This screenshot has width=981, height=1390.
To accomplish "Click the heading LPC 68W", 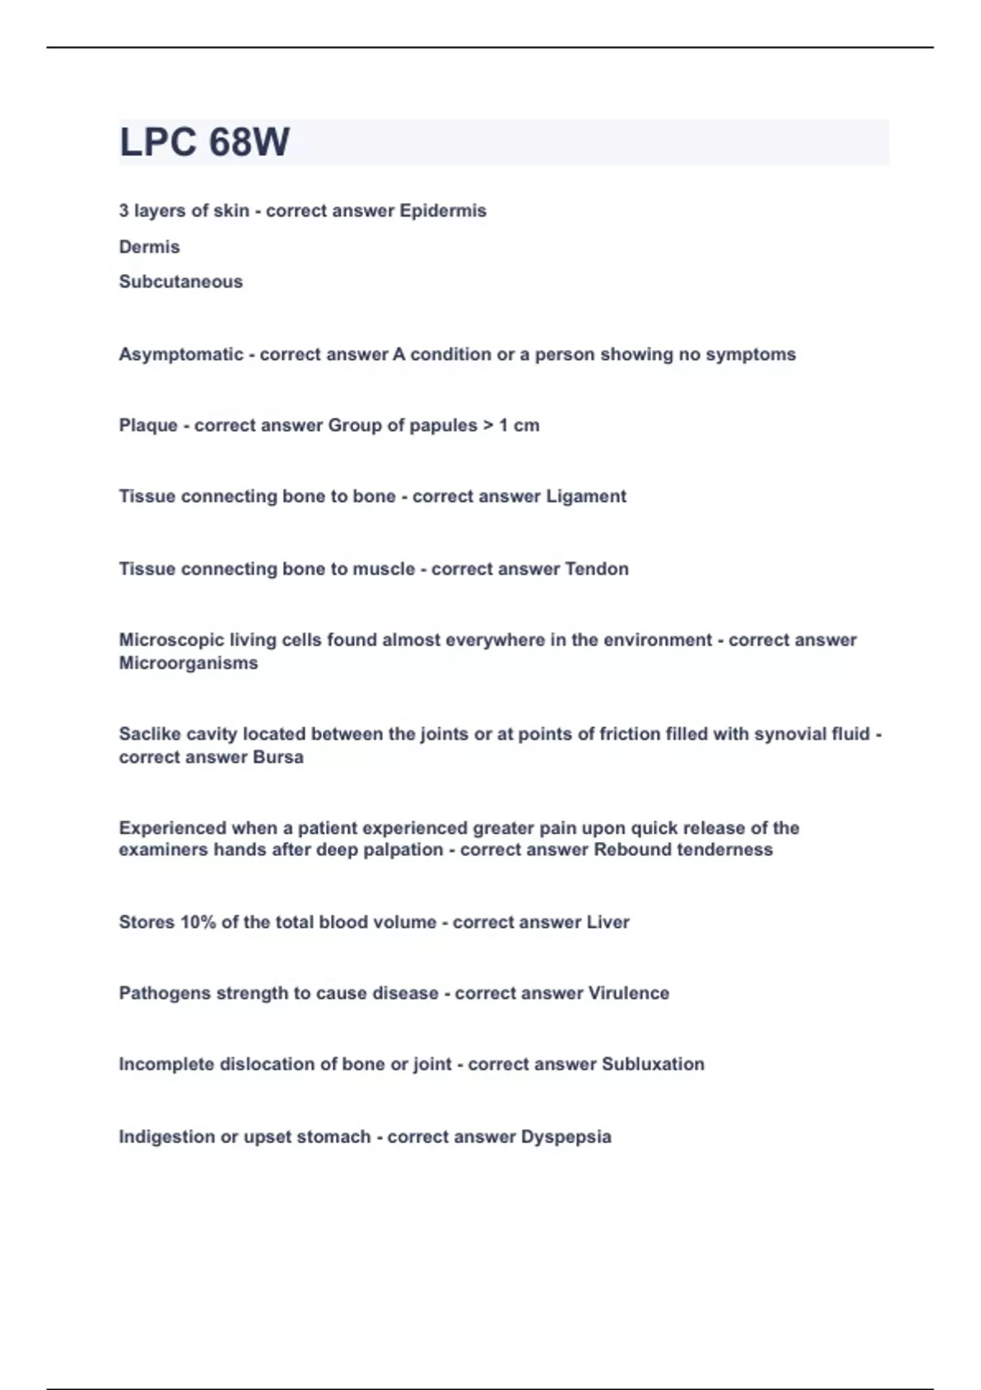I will click(204, 142).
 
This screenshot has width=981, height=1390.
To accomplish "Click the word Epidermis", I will click(442, 211).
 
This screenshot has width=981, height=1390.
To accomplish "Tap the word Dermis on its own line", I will click(150, 247).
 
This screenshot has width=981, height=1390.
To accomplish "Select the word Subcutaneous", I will click(181, 282).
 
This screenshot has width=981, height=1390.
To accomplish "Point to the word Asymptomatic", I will click(181, 355).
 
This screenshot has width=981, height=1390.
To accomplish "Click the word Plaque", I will click(148, 426).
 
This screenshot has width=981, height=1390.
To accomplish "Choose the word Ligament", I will click(585, 496).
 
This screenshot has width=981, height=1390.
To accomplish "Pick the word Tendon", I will click(597, 569).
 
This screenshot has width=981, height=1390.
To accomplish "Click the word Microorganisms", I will click(188, 663).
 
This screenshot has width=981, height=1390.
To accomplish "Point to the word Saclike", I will click(149, 734).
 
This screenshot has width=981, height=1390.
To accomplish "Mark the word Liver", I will click(607, 922).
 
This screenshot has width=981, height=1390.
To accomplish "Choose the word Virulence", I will click(628, 993).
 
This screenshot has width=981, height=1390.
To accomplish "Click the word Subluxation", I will click(652, 1065).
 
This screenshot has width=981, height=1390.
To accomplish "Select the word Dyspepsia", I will click(566, 1137).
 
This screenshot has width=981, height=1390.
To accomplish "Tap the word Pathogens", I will click(164, 993).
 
